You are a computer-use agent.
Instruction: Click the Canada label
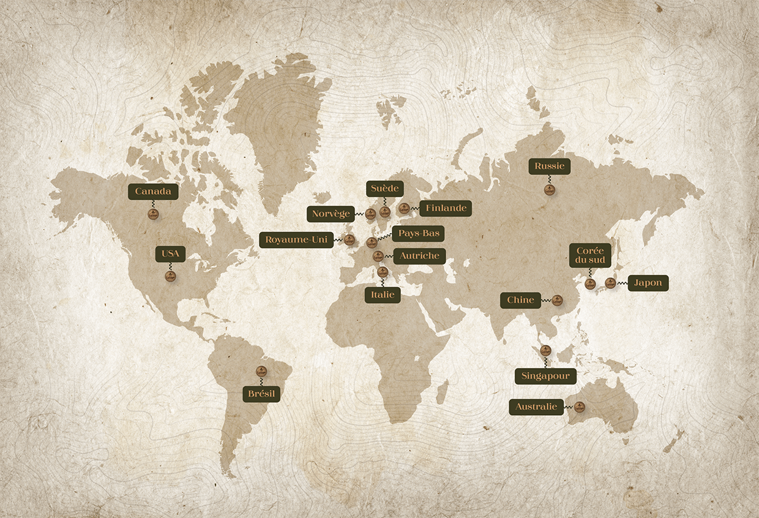click(x=153, y=192)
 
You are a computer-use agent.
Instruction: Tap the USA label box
click(x=170, y=254)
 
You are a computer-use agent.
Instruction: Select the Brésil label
click(x=261, y=394)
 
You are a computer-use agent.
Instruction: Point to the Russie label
click(x=550, y=167)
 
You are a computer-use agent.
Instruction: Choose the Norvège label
click(x=331, y=214)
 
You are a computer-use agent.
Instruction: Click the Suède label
click(x=384, y=189)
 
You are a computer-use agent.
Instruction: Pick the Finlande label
click(x=446, y=208)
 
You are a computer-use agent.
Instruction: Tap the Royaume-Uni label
click(x=297, y=239)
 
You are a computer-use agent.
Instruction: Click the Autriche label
click(x=419, y=256)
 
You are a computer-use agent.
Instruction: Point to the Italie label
click(x=383, y=295)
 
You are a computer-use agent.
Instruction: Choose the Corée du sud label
click(x=590, y=255)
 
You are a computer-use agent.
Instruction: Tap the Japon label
click(x=648, y=283)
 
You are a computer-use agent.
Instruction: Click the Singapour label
click(x=545, y=376)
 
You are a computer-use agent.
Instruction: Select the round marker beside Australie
click(x=579, y=407)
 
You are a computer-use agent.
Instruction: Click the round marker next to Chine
click(x=556, y=300)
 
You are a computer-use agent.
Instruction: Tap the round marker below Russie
click(x=550, y=190)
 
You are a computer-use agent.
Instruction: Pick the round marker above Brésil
click(x=261, y=371)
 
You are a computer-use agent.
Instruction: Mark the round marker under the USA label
click(x=170, y=276)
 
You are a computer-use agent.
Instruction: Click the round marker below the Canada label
click(x=153, y=214)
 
